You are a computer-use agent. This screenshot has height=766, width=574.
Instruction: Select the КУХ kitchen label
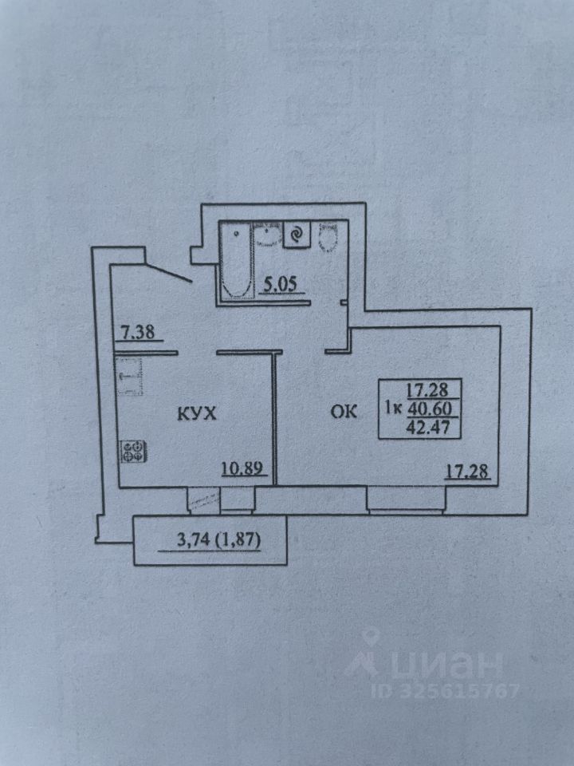(x=195, y=414)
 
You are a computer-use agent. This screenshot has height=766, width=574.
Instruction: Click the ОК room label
(x=344, y=412)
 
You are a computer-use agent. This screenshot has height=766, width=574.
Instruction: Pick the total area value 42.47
(x=428, y=426)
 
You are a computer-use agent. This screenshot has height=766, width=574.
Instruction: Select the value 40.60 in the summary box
(x=428, y=409)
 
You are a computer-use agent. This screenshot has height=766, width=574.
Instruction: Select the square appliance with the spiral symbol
(x=296, y=235)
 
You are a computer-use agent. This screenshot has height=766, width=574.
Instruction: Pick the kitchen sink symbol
(x=128, y=377)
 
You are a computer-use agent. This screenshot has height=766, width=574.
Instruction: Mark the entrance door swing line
(x=168, y=269)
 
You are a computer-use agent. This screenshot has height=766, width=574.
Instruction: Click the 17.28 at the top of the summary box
(x=428, y=390)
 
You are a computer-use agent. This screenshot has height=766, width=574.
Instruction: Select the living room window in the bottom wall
(x=407, y=499)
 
